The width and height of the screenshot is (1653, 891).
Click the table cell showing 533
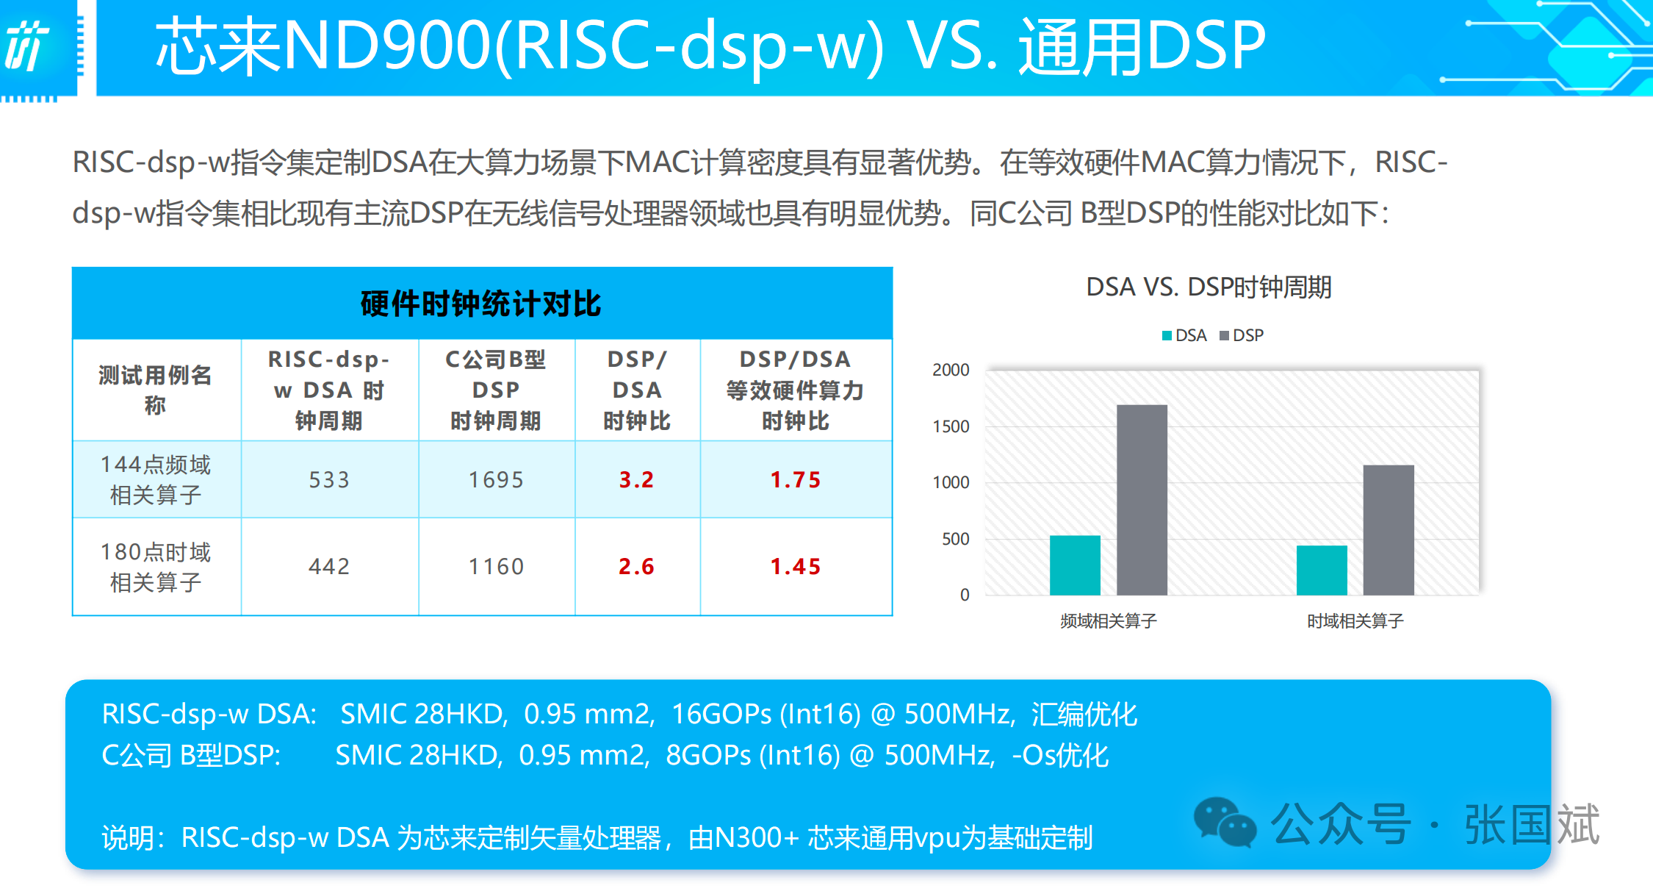click(329, 479)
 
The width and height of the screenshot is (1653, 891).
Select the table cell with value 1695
click(496, 479)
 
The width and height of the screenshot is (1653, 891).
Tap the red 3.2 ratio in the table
click(636, 479)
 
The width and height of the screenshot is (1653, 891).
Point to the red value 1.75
click(796, 479)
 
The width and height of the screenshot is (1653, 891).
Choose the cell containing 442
click(329, 566)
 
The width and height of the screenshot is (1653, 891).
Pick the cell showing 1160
click(496, 566)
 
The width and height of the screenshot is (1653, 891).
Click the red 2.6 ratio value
click(636, 566)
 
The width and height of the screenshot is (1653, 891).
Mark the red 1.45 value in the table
click(796, 566)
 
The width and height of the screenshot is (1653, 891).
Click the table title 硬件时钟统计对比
click(481, 304)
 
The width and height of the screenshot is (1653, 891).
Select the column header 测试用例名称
click(155, 390)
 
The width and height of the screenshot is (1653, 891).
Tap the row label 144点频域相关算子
click(155, 479)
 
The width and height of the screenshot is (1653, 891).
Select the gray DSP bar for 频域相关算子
click(1142, 500)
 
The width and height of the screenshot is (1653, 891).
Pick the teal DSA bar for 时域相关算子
click(1322, 570)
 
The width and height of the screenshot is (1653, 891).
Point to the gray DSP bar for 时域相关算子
click(1389, 529)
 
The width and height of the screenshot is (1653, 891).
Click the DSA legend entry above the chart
click(1184, 335)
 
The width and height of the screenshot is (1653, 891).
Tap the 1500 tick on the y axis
click(951, 426)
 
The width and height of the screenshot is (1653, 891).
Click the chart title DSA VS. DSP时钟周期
click(1209, 287)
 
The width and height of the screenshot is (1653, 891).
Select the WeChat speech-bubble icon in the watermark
click(1225, 822)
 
